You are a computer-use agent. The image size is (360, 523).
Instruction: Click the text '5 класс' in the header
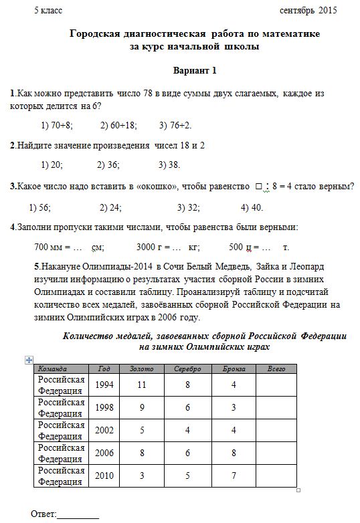click(x=47, y=10)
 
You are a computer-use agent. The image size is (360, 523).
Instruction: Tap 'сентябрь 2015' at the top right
click(x=308, y=10)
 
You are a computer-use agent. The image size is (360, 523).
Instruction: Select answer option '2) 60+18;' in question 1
click(x=118, y=125)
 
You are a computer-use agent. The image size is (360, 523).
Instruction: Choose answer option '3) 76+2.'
click(x=175, y=125)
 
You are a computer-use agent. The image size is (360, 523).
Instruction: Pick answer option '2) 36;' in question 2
click(x=108, y=165)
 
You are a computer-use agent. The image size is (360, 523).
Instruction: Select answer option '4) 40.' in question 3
click(x=252, y=207)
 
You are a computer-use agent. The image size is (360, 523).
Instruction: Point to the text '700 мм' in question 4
click(x=50, y=246)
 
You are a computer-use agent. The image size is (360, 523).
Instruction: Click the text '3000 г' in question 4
click(x=151, y=246)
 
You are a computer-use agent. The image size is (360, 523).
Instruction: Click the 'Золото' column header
click(x=141, y=369)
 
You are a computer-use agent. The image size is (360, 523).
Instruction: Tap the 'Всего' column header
click(x=276, y=369)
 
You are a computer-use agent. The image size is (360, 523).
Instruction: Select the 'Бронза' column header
click(x=234, y=369)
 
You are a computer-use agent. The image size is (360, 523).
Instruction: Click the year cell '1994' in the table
click(x=104, y=385)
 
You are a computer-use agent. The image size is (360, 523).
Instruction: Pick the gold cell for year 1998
click(x=141, y=407)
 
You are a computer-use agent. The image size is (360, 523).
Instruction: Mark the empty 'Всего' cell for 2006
click(x=276, y=453)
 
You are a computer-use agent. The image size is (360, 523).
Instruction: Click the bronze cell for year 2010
click(x=234, y=476)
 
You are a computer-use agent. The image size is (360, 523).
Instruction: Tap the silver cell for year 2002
click(x=187, y=430)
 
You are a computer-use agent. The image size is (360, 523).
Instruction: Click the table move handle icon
click(x=29, y=359)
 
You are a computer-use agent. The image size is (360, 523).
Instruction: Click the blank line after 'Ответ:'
click(x=78, y=514)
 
